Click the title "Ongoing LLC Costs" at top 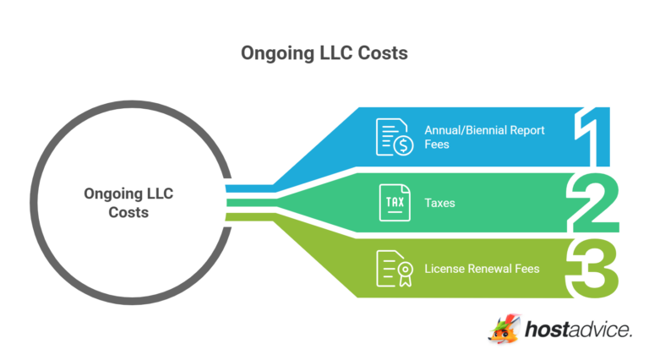324,53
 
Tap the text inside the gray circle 128,203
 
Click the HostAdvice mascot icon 504,328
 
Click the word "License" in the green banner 443,269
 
